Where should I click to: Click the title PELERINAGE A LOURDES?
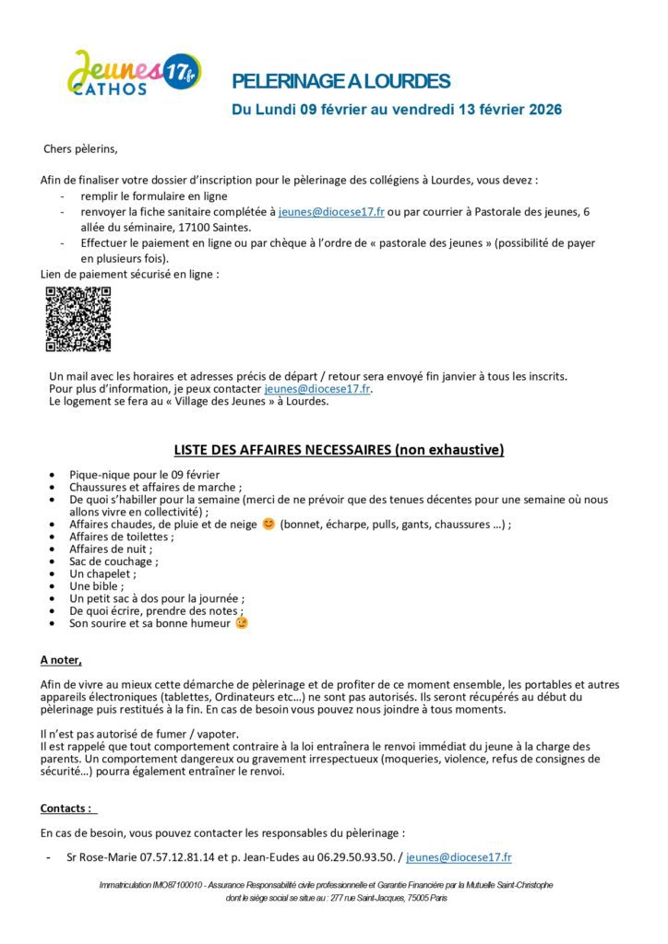pos(340,82)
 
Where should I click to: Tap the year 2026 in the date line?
pos(545,110)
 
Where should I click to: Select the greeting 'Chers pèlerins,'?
pos(81,148)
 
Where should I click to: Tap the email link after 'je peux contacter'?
pos(317,389)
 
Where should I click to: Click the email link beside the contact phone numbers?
pos(459,857)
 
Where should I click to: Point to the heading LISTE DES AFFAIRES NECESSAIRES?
pos(339,450)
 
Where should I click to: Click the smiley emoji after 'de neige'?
pos(268,524)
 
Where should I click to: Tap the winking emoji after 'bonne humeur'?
pos(242,623)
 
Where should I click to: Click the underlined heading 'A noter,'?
pos(61,660)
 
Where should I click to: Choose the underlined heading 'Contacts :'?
pos(66,808)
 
